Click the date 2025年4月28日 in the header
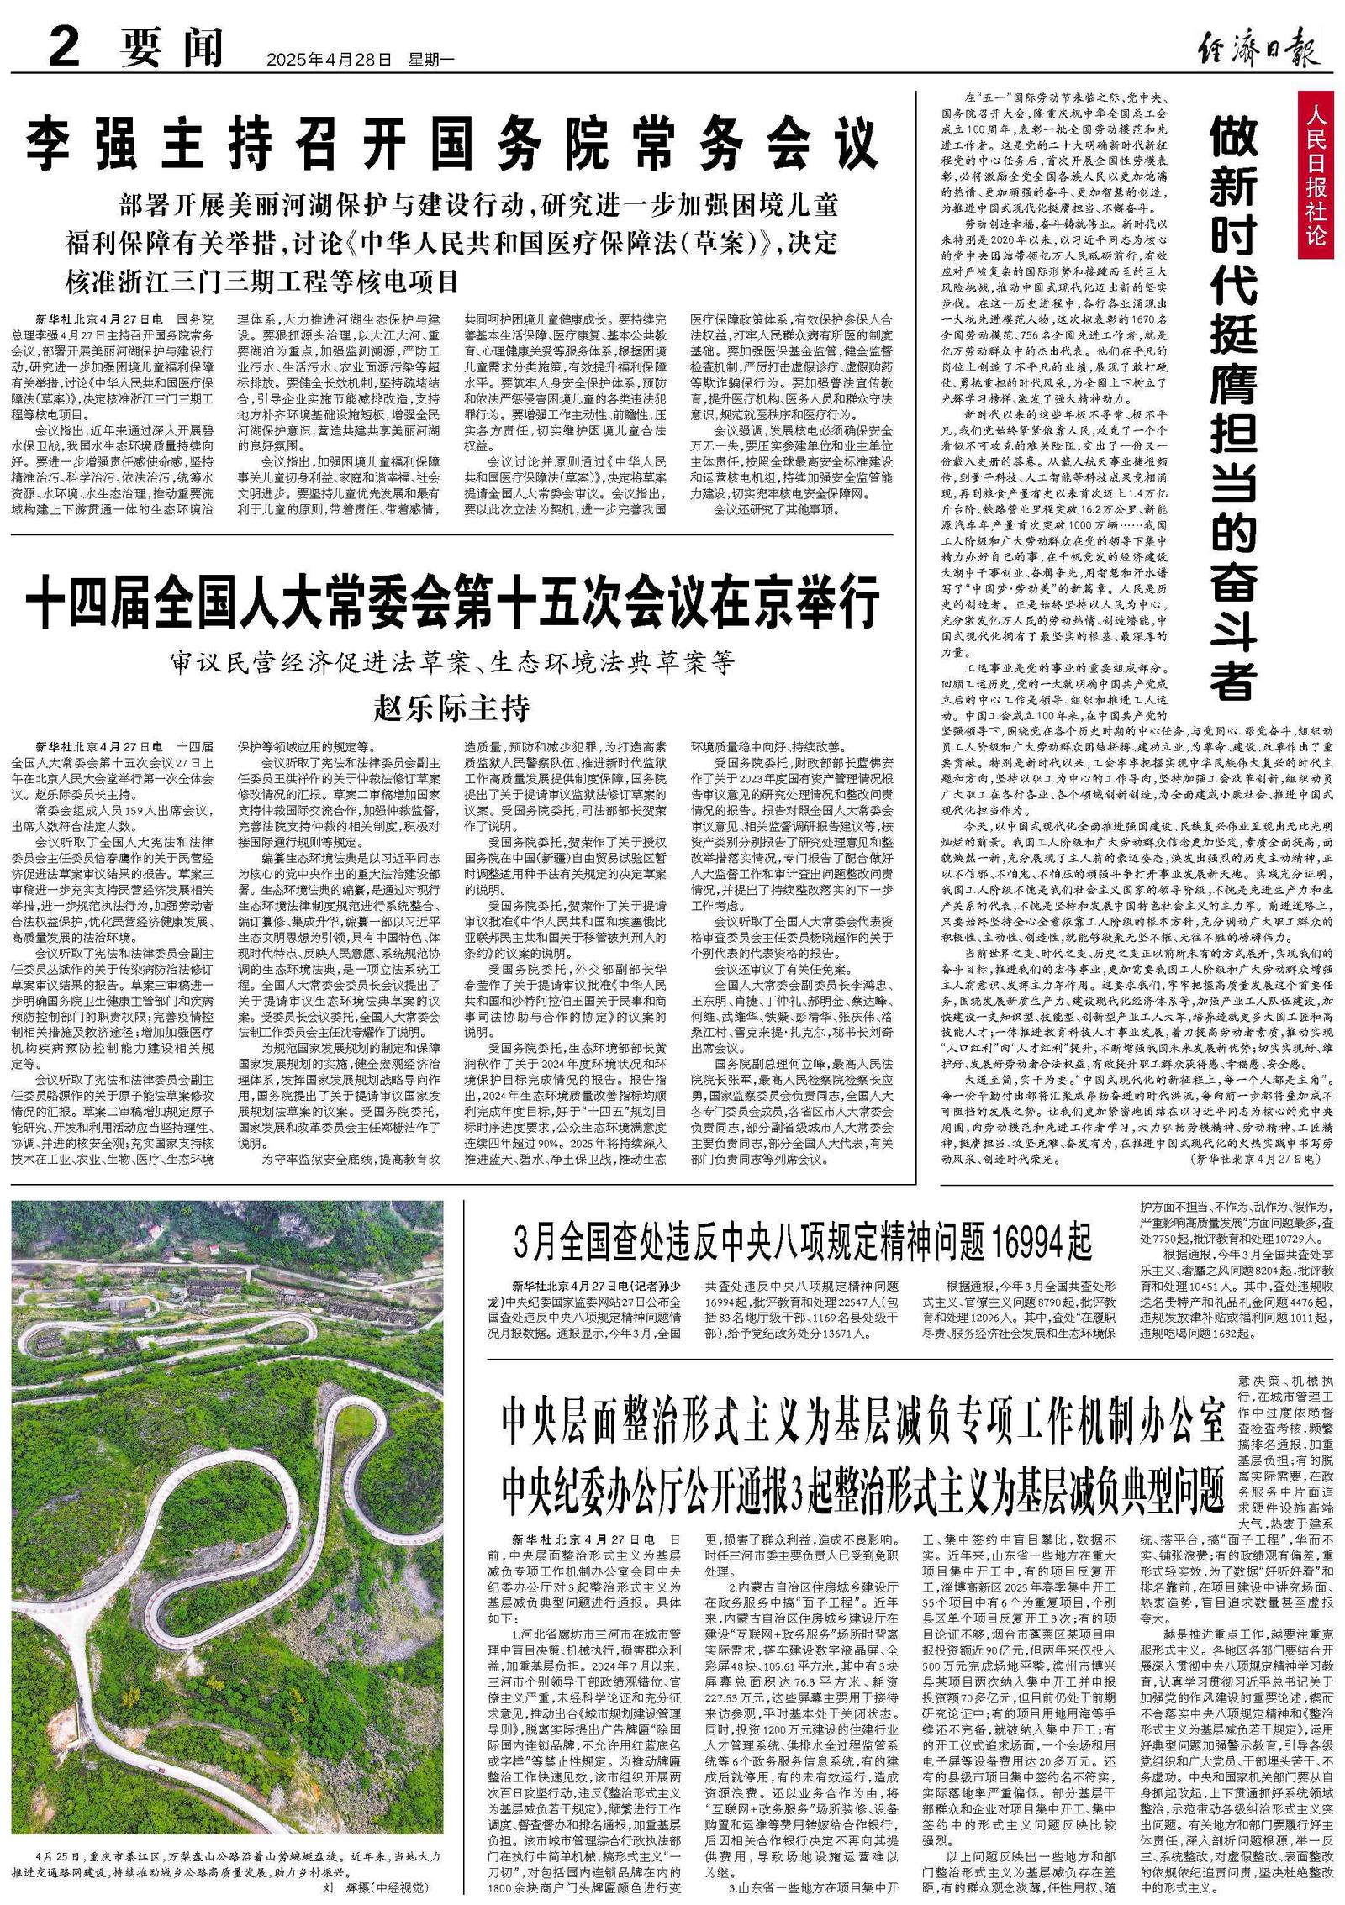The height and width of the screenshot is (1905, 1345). point(330,60)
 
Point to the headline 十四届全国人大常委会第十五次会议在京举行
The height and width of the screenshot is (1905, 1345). point(452,602)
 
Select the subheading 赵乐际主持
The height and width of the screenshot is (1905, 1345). point(452,708)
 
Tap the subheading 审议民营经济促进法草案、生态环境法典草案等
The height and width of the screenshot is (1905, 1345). point(452,663)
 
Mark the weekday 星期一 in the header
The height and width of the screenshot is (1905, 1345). point(431,60)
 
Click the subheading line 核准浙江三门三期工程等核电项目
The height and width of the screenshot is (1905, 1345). point(262,281)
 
